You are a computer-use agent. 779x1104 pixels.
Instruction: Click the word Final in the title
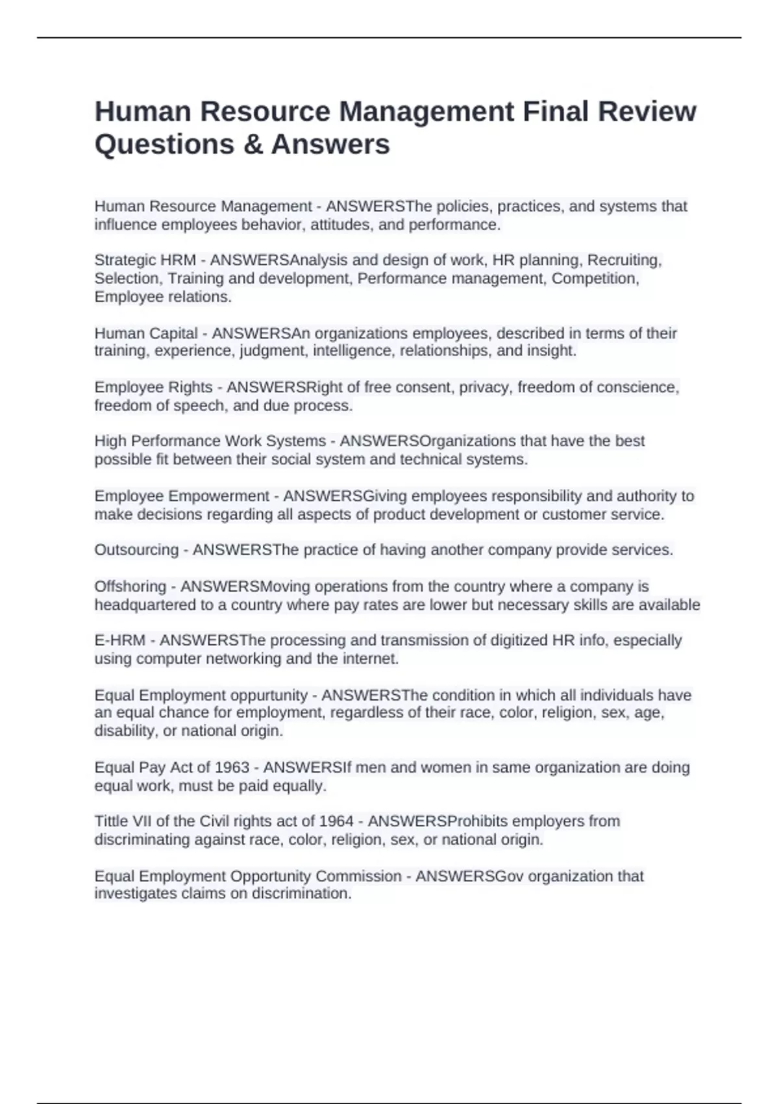point(556,112)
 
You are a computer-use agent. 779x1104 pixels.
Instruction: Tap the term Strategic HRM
point(145,260)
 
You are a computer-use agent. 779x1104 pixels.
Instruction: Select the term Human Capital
point(146,333)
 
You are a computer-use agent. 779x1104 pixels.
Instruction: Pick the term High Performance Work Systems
point(210,441)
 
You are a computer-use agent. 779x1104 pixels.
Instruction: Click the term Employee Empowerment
point(182,496)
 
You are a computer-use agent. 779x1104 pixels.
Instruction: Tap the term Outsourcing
point(136,550)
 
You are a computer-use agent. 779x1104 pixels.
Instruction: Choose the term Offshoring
point(130,586)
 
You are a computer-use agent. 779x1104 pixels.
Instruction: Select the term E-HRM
point(119,640)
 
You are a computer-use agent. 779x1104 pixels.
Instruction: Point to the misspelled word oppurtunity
point(262,695)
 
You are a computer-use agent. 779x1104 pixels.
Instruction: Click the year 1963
point(232,767)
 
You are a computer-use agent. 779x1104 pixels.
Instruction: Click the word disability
point(127,731)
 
